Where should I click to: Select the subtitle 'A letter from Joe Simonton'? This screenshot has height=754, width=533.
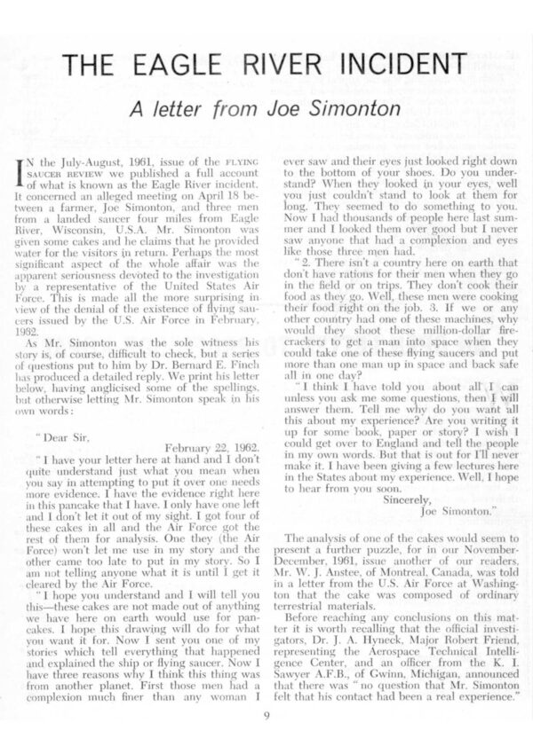266,109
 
